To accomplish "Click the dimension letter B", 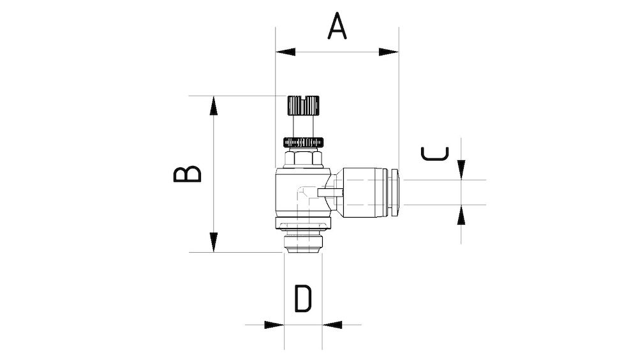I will [188, 174].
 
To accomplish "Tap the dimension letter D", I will [303, 299].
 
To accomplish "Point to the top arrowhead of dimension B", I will [215, 105].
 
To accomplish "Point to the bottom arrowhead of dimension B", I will [215, 243].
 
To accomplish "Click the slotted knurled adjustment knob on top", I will [302, 103].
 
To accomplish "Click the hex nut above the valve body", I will [302, 157].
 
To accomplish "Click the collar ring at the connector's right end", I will [396, 191].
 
